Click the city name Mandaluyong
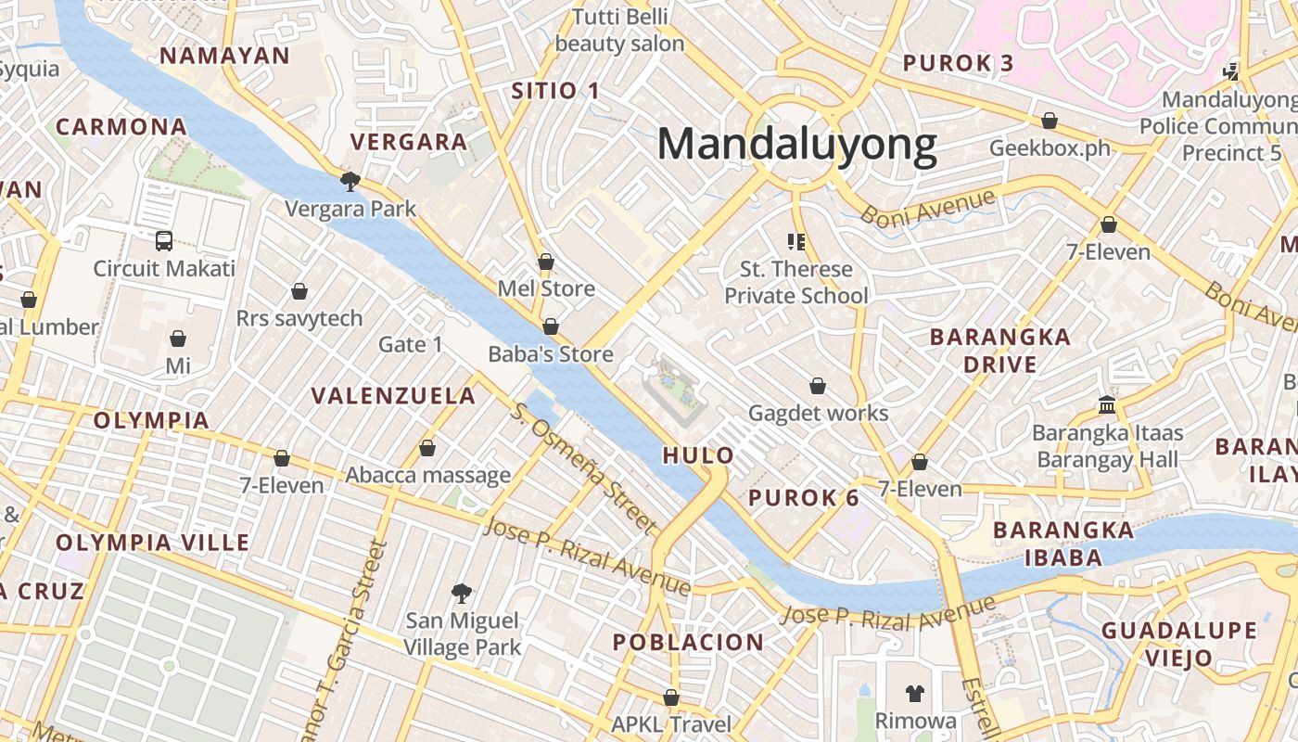click(797, 146)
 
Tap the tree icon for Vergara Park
click(350, 180)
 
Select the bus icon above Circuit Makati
click(164, 241)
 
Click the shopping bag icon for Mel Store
click(546, 262)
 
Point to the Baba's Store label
click(551, 354)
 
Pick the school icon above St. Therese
click(795, 242)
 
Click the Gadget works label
click(818, 413)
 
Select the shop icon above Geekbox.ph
click(1050, 121)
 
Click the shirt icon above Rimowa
click(915, 693)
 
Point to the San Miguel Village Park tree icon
click(461, 593)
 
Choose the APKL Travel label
click(671, 723)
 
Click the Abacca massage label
click(427, 476)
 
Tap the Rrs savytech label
click(299, 319)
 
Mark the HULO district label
click(698, 455)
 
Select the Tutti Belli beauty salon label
click(619, 30)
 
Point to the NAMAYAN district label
click(225, 56)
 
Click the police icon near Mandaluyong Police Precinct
click(1230, 70)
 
